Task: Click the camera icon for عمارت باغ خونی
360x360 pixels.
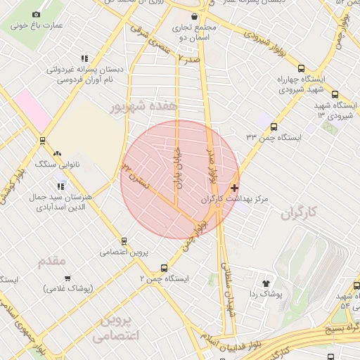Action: (x=37, y=14)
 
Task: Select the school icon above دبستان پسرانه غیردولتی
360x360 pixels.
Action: (x=84, y=59)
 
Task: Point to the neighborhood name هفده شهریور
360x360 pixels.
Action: (x=146, y=105)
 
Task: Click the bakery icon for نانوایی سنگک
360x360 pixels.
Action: (x=56, y=153)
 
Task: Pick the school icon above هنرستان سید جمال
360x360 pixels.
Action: (x=61, y=186)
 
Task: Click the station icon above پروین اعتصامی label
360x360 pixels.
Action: (x=124, y=240)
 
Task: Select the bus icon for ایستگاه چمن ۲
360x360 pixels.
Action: (x=164, y=268)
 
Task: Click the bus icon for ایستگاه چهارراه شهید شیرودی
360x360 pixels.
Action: (x=301, y=69)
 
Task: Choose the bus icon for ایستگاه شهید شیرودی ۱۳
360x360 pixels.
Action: (x=334, y=94)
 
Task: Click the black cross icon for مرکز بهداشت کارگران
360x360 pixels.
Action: (x=234, y=188)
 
